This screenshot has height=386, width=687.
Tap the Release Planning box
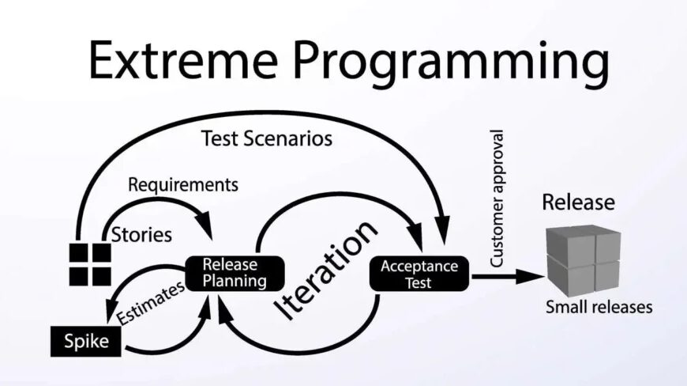pos(231,272)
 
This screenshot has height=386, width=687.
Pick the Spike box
pos(88,342)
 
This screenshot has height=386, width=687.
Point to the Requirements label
pos(182,185)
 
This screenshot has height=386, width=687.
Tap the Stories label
pos(141,235)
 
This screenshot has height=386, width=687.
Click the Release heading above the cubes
pos(577,202)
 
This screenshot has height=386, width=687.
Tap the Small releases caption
pos(599,307)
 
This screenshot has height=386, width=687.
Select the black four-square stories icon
pos(89,263)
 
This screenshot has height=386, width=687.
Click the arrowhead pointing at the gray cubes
pos(537,276)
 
